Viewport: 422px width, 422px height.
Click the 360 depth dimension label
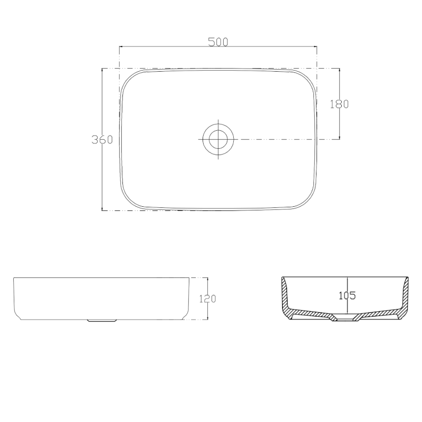102,140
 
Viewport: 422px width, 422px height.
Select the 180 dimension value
339,104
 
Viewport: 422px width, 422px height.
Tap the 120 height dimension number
207,299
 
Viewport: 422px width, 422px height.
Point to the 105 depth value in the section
347,295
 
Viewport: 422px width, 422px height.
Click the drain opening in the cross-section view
346,318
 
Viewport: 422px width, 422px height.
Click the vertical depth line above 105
347,284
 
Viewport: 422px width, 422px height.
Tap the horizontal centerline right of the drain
285,139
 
